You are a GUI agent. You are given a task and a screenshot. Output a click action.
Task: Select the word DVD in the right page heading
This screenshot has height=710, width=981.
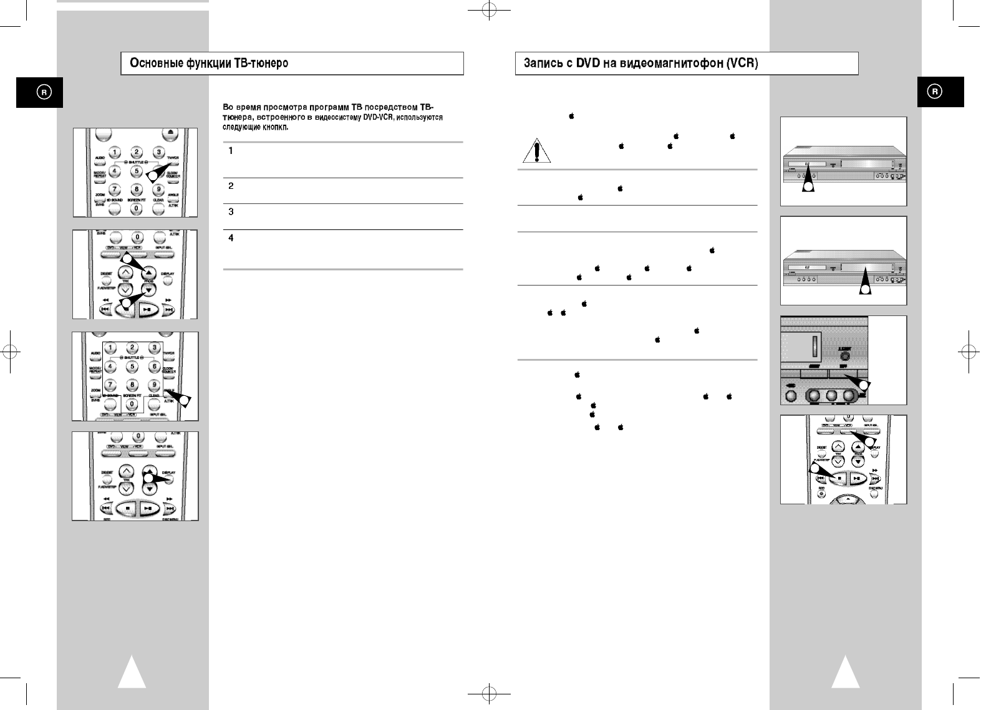[x=587, y=64]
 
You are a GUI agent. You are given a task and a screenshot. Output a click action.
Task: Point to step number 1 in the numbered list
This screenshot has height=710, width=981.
[x=231, y=151]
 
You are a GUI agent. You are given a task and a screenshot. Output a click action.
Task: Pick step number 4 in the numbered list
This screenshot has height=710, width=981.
[x=231, y=238]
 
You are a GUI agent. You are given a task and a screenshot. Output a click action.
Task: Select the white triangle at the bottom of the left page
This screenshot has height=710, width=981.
[x=132, y=673]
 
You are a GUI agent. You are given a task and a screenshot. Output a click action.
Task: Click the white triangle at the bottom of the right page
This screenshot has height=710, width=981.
[x=845, y=673]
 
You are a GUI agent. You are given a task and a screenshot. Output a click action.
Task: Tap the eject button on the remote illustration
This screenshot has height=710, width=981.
[x=172, y=133]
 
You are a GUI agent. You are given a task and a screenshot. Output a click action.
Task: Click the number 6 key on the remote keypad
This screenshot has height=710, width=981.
[x=154, y=367]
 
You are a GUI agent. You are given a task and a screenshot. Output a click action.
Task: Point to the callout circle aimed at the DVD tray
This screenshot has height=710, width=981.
[x=808, y=187]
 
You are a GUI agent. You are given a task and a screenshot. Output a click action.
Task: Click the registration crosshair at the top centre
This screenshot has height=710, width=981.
[x=490, y=11]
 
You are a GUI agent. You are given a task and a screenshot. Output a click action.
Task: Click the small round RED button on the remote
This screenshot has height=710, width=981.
[x=821, y=494]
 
